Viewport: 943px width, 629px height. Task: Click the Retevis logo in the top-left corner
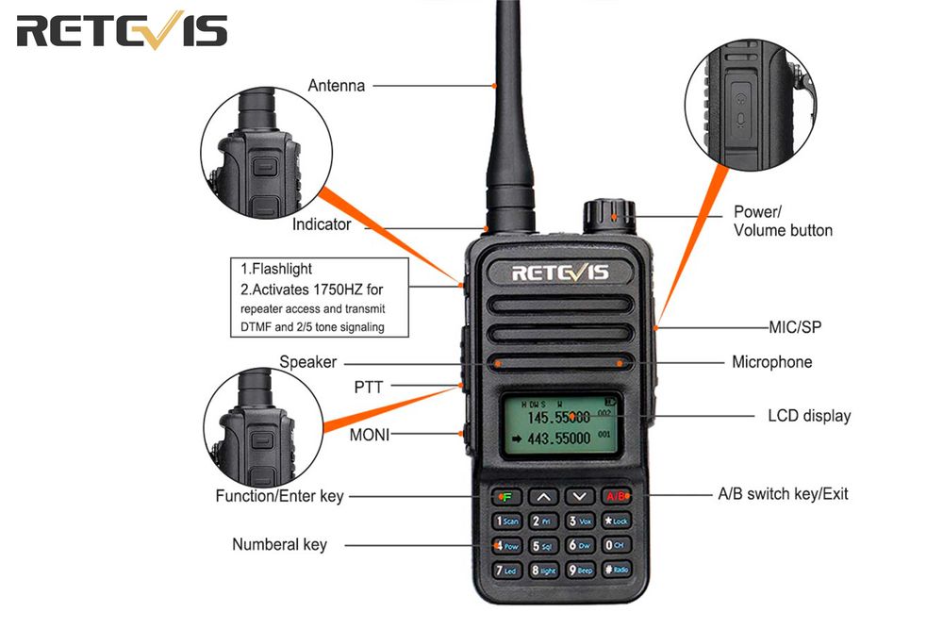pos(122,31)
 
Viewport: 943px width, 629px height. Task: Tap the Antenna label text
pos(336,86)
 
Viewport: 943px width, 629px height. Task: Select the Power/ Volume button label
pos(783,222)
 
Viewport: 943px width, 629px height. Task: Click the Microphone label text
pos(771,362)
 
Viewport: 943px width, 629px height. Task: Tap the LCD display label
pos(808,416)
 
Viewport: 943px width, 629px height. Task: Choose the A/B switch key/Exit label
pos(783,494)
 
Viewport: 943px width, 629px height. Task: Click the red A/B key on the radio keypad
pos(616,496)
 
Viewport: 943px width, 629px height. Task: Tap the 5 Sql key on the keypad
pos(544,546)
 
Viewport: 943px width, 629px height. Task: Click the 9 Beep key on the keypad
pos(580,571)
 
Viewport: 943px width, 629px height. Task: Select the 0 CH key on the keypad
pos(616,545)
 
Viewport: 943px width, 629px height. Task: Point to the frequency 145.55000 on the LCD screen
pos(556,416)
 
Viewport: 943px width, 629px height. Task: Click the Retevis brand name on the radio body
pos(560,273)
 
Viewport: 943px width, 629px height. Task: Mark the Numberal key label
pos(279,545)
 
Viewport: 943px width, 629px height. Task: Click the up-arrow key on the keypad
pos(543,496)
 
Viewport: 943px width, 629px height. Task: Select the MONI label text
pos(370,435)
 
